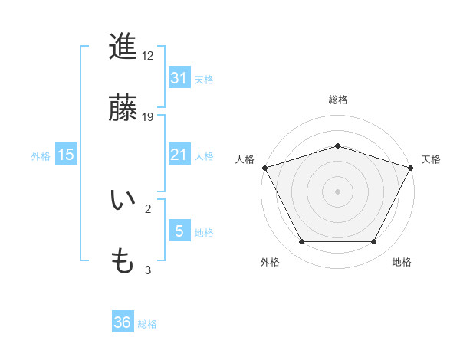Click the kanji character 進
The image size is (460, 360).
(x=123, y=47)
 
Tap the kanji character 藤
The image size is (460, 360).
(x=123, y=109)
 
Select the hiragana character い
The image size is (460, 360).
(x=123, y=201)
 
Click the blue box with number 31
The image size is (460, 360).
(x=179, y=77)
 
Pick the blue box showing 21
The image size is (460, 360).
(x=179, y=155)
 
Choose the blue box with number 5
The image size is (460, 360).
(x=179, y=231)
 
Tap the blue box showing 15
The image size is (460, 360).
(x=66, y=155)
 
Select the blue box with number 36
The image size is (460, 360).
(x=123, y=322)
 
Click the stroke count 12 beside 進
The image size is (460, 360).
(x=148, y=56)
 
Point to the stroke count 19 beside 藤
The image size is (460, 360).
(x=148, y=117)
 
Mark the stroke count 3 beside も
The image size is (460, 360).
(x=148, y=270)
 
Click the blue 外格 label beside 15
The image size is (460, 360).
(x=41, y=155)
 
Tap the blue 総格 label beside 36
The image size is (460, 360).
(x=147, y=324)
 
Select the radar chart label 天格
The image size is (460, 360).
(x=431, y=159)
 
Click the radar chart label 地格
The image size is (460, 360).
(x=402, y=262)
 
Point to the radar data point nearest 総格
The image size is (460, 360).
(x=337, y=146)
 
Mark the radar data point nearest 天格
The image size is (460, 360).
(x=411, y=167)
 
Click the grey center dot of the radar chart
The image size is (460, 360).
(x=337, y=191)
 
